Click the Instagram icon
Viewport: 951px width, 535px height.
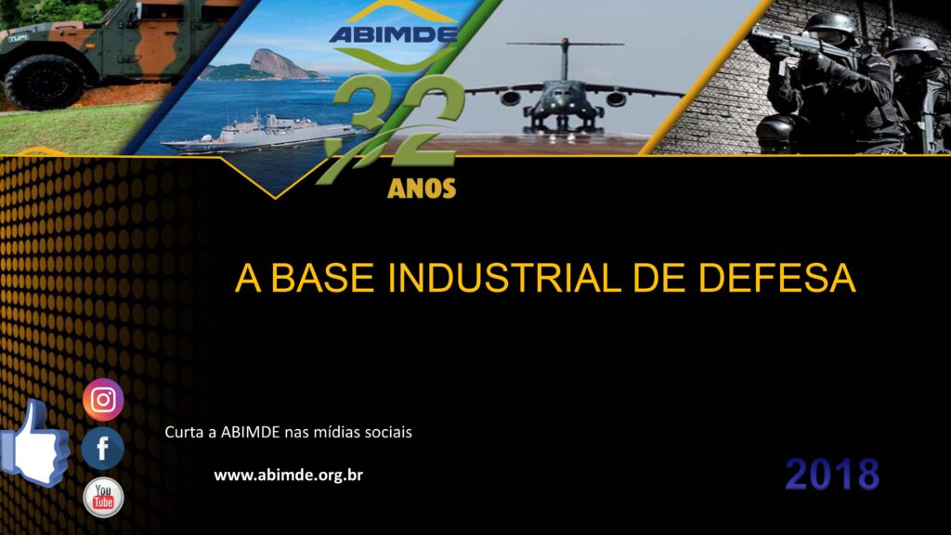point(103,399)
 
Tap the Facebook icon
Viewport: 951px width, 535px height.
point(102,449)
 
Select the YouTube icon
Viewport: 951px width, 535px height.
point(103,498)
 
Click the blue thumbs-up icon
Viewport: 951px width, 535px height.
point(34,444)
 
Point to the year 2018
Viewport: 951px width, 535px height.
point(832,475)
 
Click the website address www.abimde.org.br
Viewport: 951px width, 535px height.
point(288,475)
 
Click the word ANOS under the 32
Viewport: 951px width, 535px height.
point(422,189)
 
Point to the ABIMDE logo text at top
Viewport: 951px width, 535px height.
point(393,34)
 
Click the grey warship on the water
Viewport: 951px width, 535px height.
point(261,132)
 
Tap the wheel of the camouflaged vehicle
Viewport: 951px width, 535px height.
point(45,83)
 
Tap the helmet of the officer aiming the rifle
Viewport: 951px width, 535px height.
point(831,24)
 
